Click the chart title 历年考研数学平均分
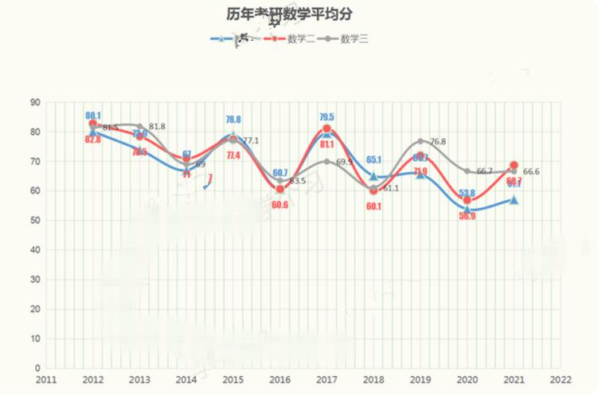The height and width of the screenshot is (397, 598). pos(289,14)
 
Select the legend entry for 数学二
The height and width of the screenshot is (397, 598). pos(301,38)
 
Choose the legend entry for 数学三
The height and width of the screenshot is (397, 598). pos(354,38)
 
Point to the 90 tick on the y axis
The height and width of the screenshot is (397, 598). pos(35,102)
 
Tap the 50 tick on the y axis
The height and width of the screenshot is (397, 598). pos(35,220)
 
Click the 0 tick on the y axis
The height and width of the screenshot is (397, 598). pos(37,368)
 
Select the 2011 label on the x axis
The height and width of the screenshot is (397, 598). pos(46,380)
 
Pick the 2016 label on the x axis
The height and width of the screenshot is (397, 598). pos(280,380)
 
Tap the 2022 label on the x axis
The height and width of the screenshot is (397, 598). pos(561,380)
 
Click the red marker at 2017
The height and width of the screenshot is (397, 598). pos(326,128)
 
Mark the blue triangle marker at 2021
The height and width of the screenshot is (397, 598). pos(514,200)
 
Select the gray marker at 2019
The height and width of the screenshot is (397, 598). pos(420,141)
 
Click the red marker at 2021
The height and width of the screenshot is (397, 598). pos(514,166)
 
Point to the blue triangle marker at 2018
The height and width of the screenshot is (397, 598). pos(373,176)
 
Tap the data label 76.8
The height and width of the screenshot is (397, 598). pos(437,141)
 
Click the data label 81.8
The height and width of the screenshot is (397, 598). pos(156,127)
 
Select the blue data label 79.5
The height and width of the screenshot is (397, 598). pos(326,117)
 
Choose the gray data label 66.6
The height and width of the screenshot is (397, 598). pos(531,171)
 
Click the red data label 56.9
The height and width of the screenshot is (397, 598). pos(467,216)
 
